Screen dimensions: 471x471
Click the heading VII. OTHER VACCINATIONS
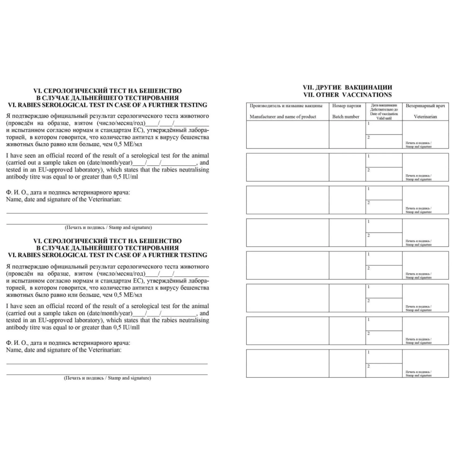pos(348,95)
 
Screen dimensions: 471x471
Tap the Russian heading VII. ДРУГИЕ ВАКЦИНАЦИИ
pos(348,88)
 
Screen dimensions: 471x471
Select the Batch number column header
pos(346,116)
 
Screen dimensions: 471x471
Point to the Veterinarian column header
pos(425,116)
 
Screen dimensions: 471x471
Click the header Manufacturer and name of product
pos(283,116)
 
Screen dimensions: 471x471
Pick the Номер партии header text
pos(347,106)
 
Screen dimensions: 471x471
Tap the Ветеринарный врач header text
pos(425,106)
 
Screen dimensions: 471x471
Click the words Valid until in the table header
pos(384,118)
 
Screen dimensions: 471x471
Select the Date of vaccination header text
pos(384,114)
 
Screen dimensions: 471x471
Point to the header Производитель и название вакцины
pos(286,106)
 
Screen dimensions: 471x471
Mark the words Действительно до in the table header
pos(384,109)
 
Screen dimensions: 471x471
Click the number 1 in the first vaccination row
pos(368,123)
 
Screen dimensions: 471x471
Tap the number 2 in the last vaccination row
pos(368,366)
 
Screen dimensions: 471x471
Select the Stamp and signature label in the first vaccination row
pos(418,146)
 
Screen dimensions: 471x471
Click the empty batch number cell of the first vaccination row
pos(347,135)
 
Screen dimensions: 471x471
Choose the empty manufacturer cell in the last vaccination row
pos(287,364)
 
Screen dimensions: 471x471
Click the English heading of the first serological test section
pos(107,105)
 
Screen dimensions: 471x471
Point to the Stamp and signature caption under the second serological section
pos(107,378)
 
